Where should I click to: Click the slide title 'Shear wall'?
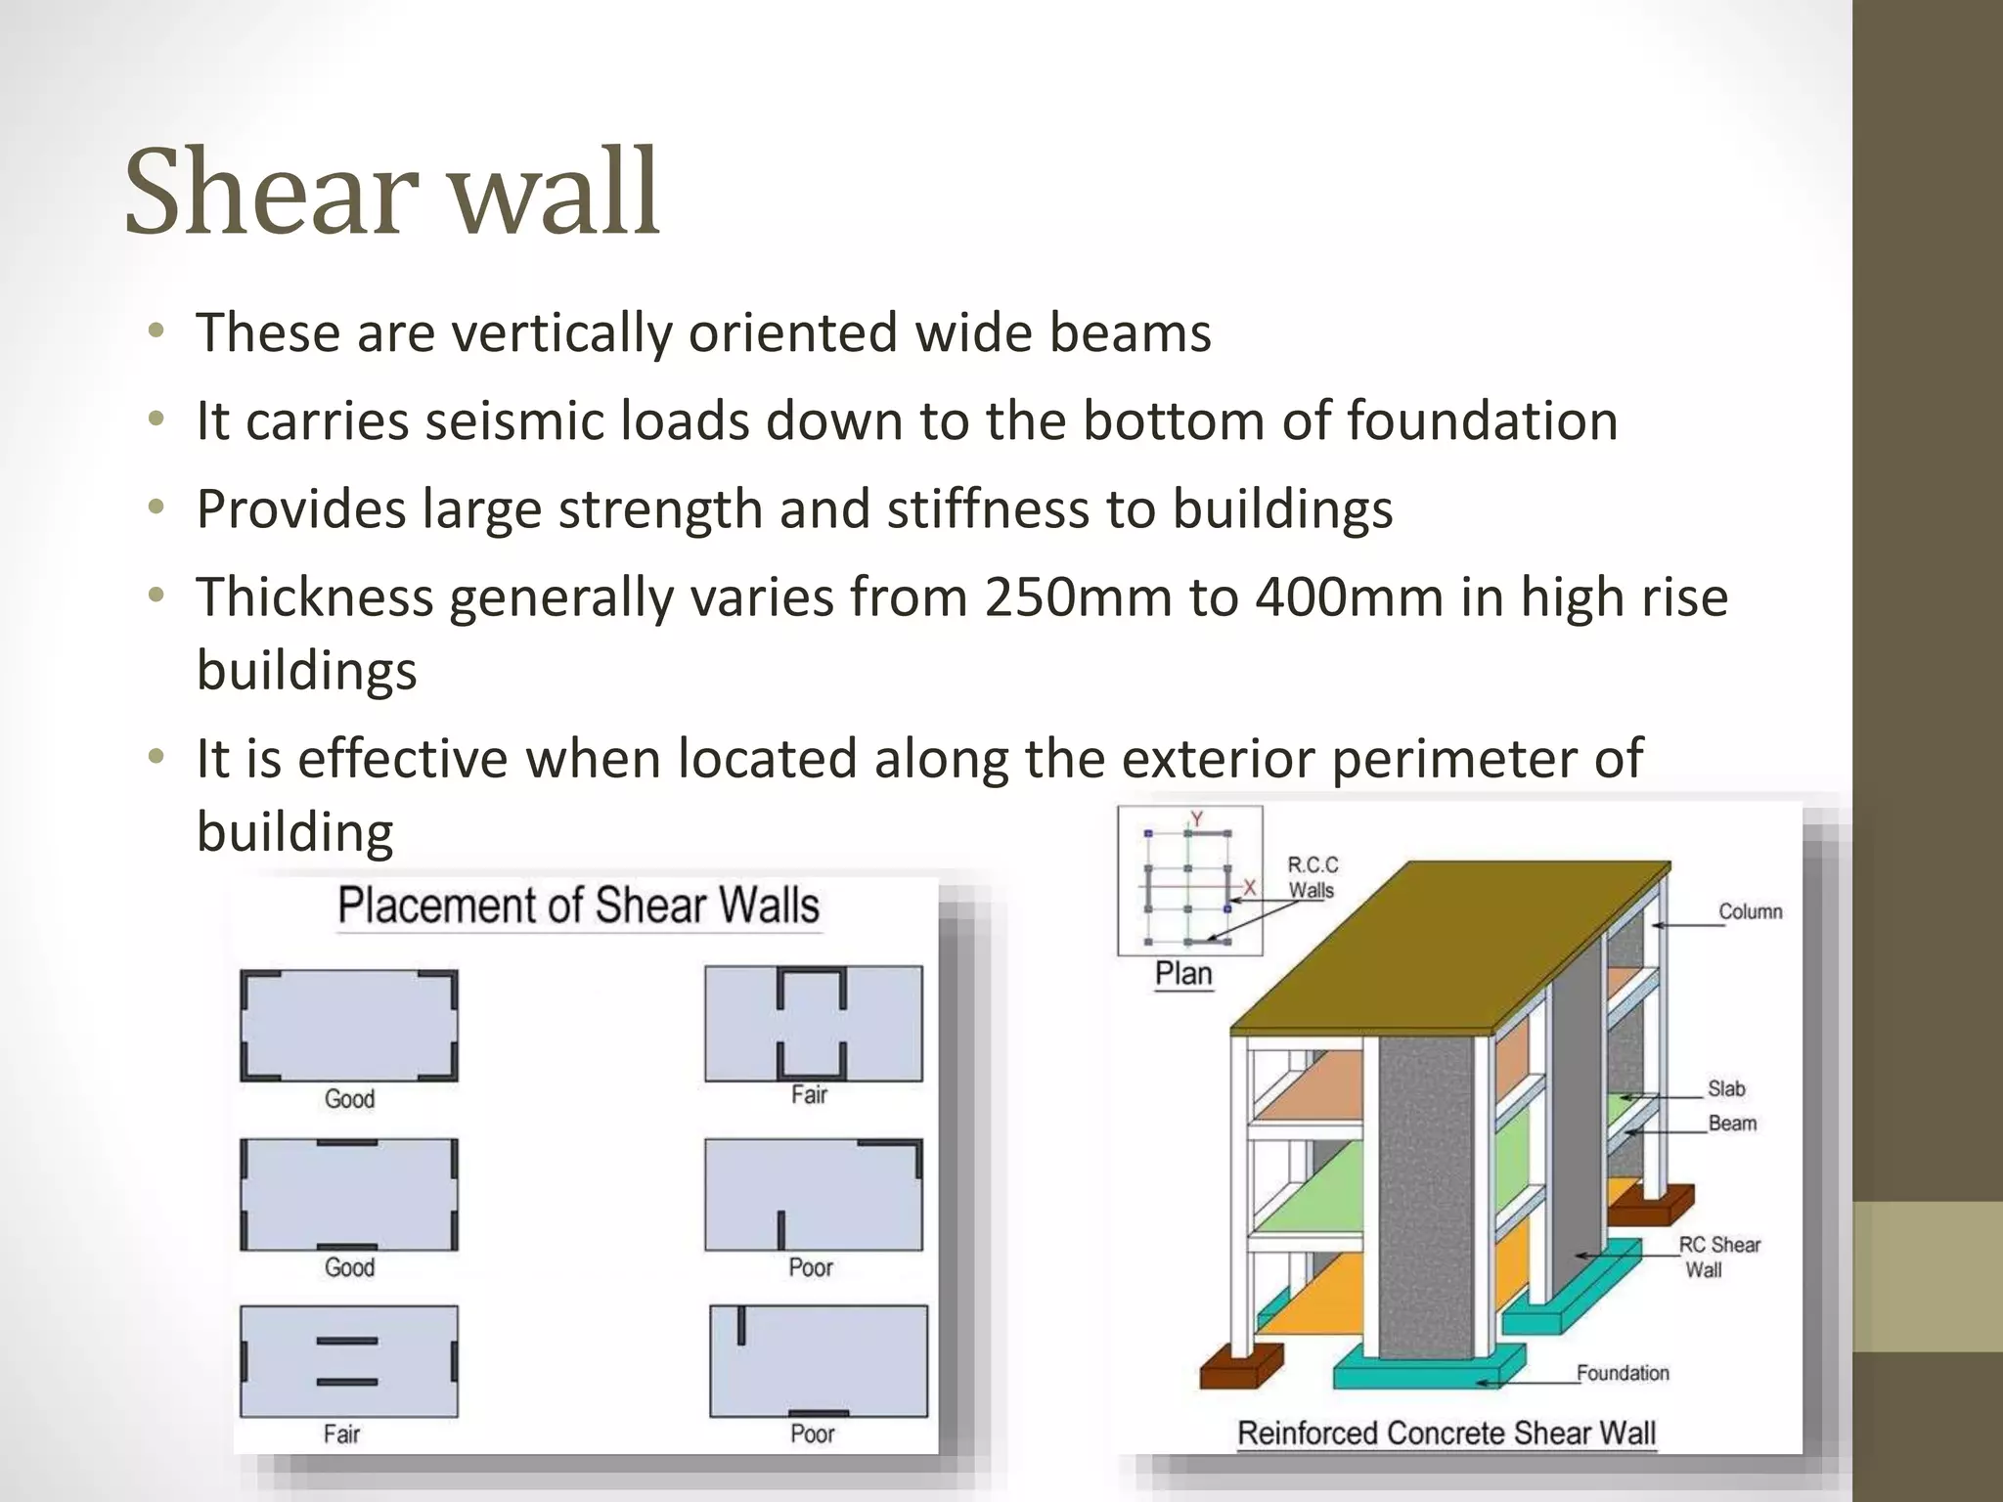point(392,192)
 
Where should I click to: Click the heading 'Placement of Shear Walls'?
point(578,906)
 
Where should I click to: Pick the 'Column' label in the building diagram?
point(1750,911)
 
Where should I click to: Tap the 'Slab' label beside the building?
point(1726,1088)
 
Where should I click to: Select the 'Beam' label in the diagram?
point(1732,1124)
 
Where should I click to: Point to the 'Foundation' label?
point(1623,1373)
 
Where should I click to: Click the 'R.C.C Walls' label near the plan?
point(1312,877)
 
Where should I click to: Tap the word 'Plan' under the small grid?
point(1183,974)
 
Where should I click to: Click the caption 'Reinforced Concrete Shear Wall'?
point(1446,1434)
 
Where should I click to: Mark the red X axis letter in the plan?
point(1249,887)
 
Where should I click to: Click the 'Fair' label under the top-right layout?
point(809,1095)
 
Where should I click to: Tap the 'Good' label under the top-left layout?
point(349,1099)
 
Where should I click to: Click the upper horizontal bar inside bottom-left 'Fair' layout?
point(347,1341)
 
